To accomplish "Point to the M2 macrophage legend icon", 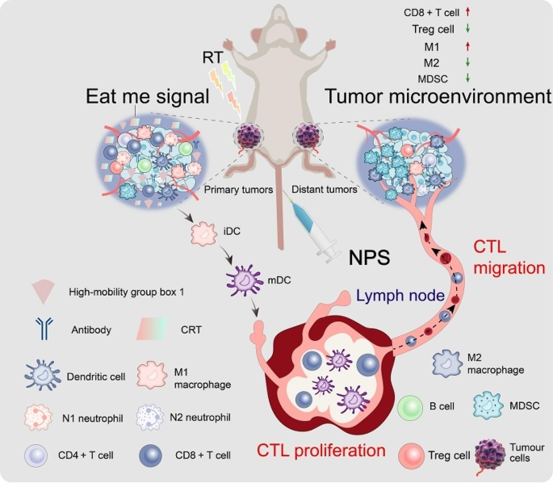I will [450, 364].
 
